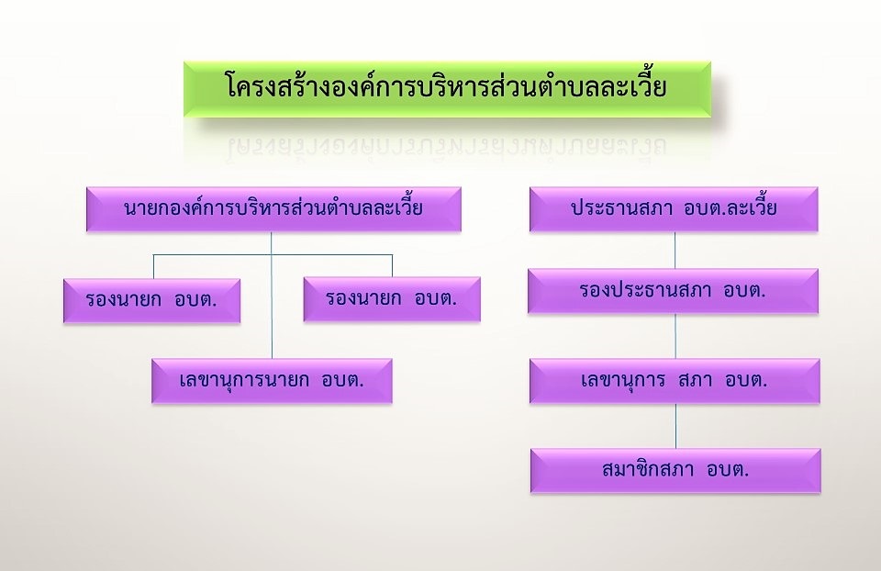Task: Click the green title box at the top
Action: (447, 89)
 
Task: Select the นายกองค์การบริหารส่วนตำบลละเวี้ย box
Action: (273, 208)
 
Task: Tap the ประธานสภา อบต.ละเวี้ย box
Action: (674, 208)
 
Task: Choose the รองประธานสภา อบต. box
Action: (673, 291)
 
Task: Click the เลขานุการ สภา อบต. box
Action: (675, 380)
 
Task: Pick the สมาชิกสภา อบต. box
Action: (675, 470)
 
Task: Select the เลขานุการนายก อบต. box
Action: (272, 380)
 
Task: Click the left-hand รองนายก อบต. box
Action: (151, 300)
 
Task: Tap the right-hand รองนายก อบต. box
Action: (392, 299)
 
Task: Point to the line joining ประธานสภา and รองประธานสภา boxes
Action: (675, 250)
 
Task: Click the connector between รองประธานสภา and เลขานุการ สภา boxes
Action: (675, 335)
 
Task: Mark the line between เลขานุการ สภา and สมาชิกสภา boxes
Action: (676, 425)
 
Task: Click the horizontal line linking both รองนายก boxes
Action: (273, 255)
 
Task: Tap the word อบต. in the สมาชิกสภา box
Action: (728, 469)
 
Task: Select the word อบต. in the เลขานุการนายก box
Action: (342, 380)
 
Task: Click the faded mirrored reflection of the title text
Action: (447, 146)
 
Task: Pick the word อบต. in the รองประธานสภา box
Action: (744, 290)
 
